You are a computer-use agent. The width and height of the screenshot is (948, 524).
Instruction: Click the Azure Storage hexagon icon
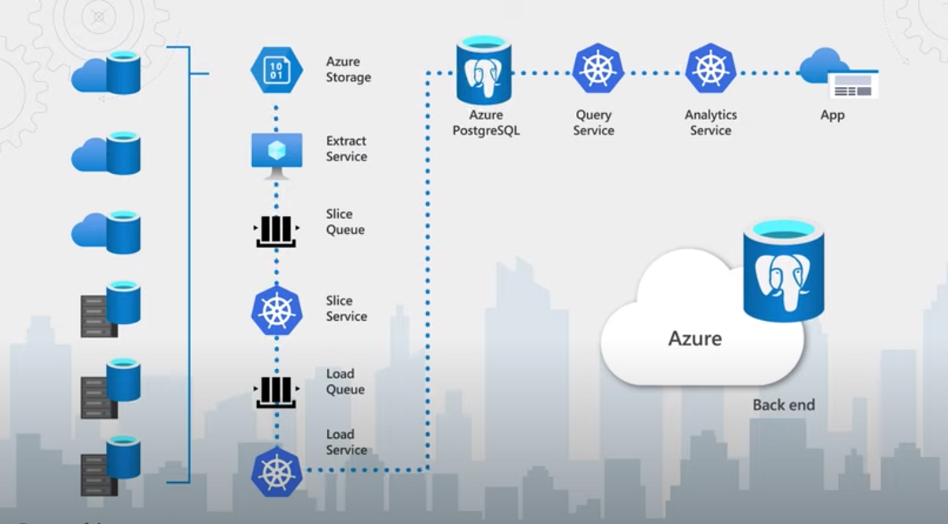pyautogui.click(x=276, y=70)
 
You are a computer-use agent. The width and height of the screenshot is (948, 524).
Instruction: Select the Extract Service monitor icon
pyautogui.click(x=276, y=151)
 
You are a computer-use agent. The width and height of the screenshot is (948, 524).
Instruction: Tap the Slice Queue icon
pyautogui.click(x=276, y=229)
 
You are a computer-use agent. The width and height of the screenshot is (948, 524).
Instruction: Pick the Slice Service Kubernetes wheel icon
pyautogui.click(x=276, y=310)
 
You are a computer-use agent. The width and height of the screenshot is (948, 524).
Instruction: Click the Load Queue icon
pyautogui.click(x=276, y=390)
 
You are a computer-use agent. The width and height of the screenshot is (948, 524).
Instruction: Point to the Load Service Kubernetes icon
pyautogui.click(x=276, y=470)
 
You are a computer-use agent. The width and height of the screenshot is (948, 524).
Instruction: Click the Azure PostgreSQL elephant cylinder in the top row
pyautogui.click(x=483, y=70)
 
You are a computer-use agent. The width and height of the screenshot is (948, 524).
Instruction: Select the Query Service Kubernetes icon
pyautogui.click(x=598, y=69)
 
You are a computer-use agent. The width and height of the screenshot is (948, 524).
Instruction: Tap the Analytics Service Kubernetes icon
pyautogui.click(x=711, y=69)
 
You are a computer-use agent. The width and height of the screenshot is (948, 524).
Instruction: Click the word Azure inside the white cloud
pyautogui.click(x=695, y=339)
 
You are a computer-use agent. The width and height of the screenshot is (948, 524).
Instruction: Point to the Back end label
pyautogui.click(x=783, y=405)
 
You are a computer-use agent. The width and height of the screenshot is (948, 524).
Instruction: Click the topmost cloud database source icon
pyautogui.click(x=107, y=73)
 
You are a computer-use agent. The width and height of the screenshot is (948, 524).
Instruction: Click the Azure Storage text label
pyautogui.click(x=348, y=70)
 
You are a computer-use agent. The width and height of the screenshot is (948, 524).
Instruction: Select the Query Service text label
pyautogui.click(x=593, y=123)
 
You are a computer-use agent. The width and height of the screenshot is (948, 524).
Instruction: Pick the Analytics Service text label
pyautogui.click(x=710, y=123)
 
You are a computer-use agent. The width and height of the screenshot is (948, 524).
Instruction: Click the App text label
pyautogui.click(x=832, y=115)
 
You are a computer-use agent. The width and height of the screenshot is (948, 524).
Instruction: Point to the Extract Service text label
pyautogui.click(x=346, y=149)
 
